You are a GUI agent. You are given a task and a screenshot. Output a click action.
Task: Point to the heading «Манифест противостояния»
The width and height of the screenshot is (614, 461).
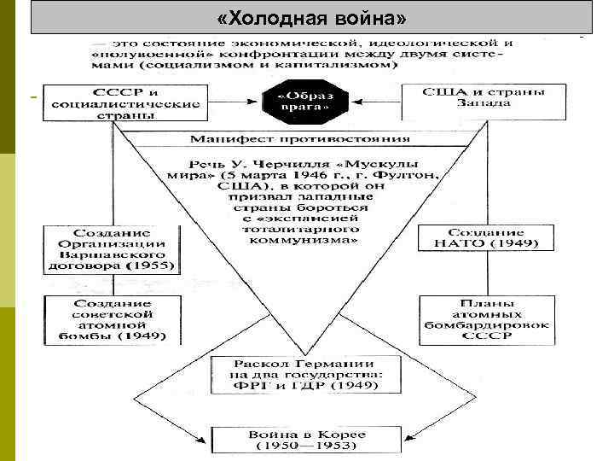click(299, 138)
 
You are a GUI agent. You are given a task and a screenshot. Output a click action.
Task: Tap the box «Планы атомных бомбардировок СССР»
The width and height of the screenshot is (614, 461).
click(484, 319)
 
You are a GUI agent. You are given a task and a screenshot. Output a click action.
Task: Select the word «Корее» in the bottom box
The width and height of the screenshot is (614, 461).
click(345, 435)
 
